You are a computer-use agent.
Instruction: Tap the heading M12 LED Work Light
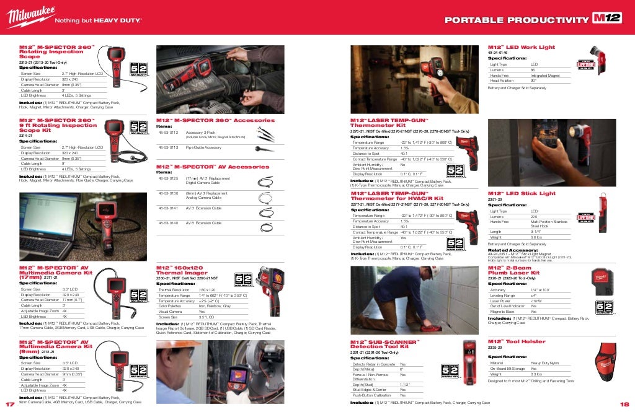(x=512, y=48)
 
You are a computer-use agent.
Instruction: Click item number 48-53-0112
(x=169, y=133)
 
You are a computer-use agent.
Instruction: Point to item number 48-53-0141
(x=169, y=208)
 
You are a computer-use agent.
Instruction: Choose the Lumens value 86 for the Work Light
(x=533, y=70)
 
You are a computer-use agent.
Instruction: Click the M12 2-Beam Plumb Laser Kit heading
(x=513, y=270)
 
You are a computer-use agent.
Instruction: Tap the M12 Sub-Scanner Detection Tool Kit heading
(x=385, y=344)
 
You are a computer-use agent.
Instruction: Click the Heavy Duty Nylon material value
(x=544, y=363)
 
